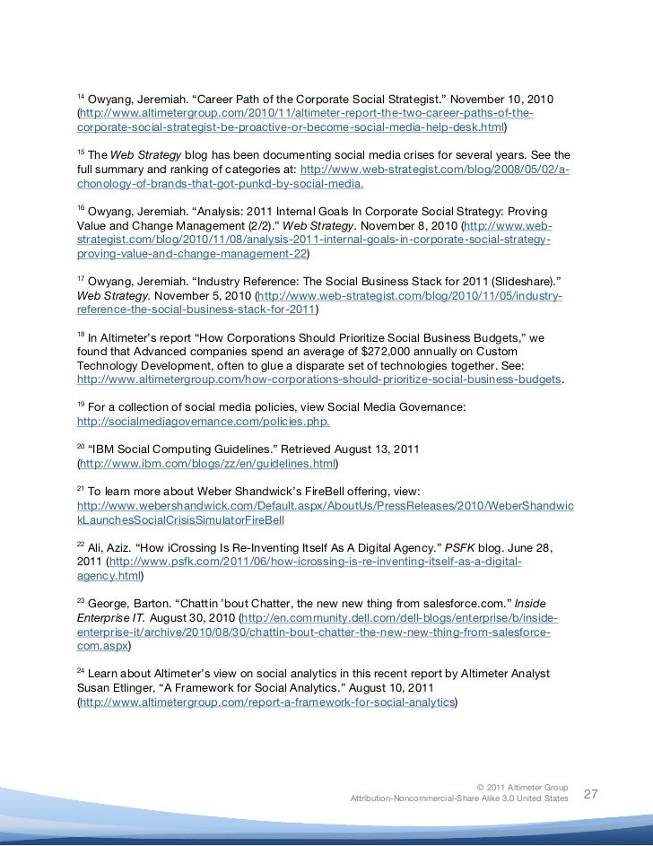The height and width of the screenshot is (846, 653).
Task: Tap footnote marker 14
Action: pos(79,94)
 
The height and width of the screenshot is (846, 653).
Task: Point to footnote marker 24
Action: pos(79,669)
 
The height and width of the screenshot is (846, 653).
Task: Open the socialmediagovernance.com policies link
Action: pos(203,423)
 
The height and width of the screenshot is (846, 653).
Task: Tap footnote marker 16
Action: pos(79,205)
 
